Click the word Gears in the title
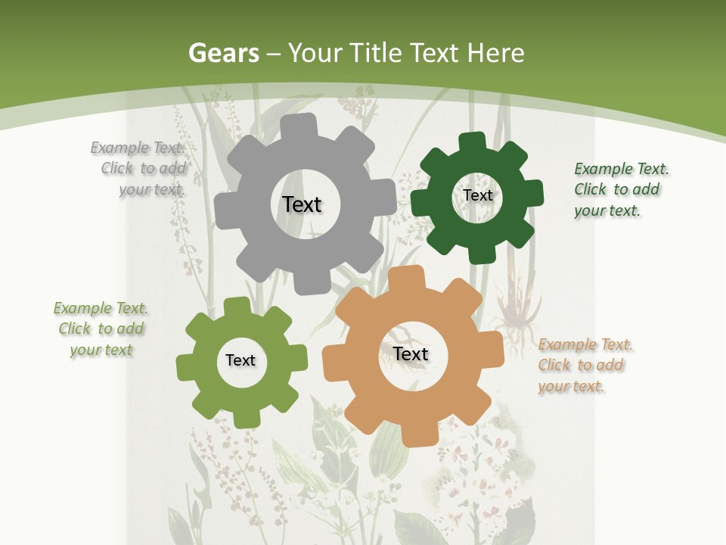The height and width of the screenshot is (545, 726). (224, 54)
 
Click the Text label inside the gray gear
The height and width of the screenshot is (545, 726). (302, 204)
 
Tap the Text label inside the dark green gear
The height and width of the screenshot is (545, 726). (477, 195)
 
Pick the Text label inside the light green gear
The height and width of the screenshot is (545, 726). (240, 360)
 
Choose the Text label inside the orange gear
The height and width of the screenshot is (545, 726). (411, 353)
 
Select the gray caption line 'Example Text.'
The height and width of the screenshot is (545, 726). (137, 148)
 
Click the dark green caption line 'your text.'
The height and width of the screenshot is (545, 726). (607, 211)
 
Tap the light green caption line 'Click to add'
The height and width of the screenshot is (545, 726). (101, 329)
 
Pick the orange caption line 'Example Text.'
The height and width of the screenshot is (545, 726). (585, 344)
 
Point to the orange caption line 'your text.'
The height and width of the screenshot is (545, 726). (571, 387)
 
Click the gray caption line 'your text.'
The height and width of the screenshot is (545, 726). (152, 189)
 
